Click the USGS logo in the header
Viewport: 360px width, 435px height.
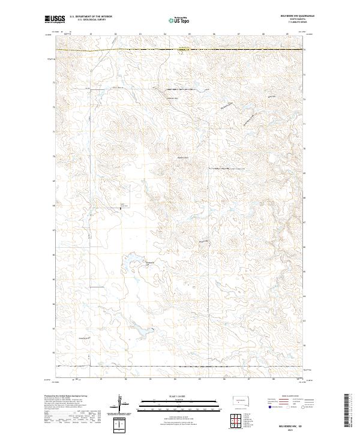click(x=55, y=19)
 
